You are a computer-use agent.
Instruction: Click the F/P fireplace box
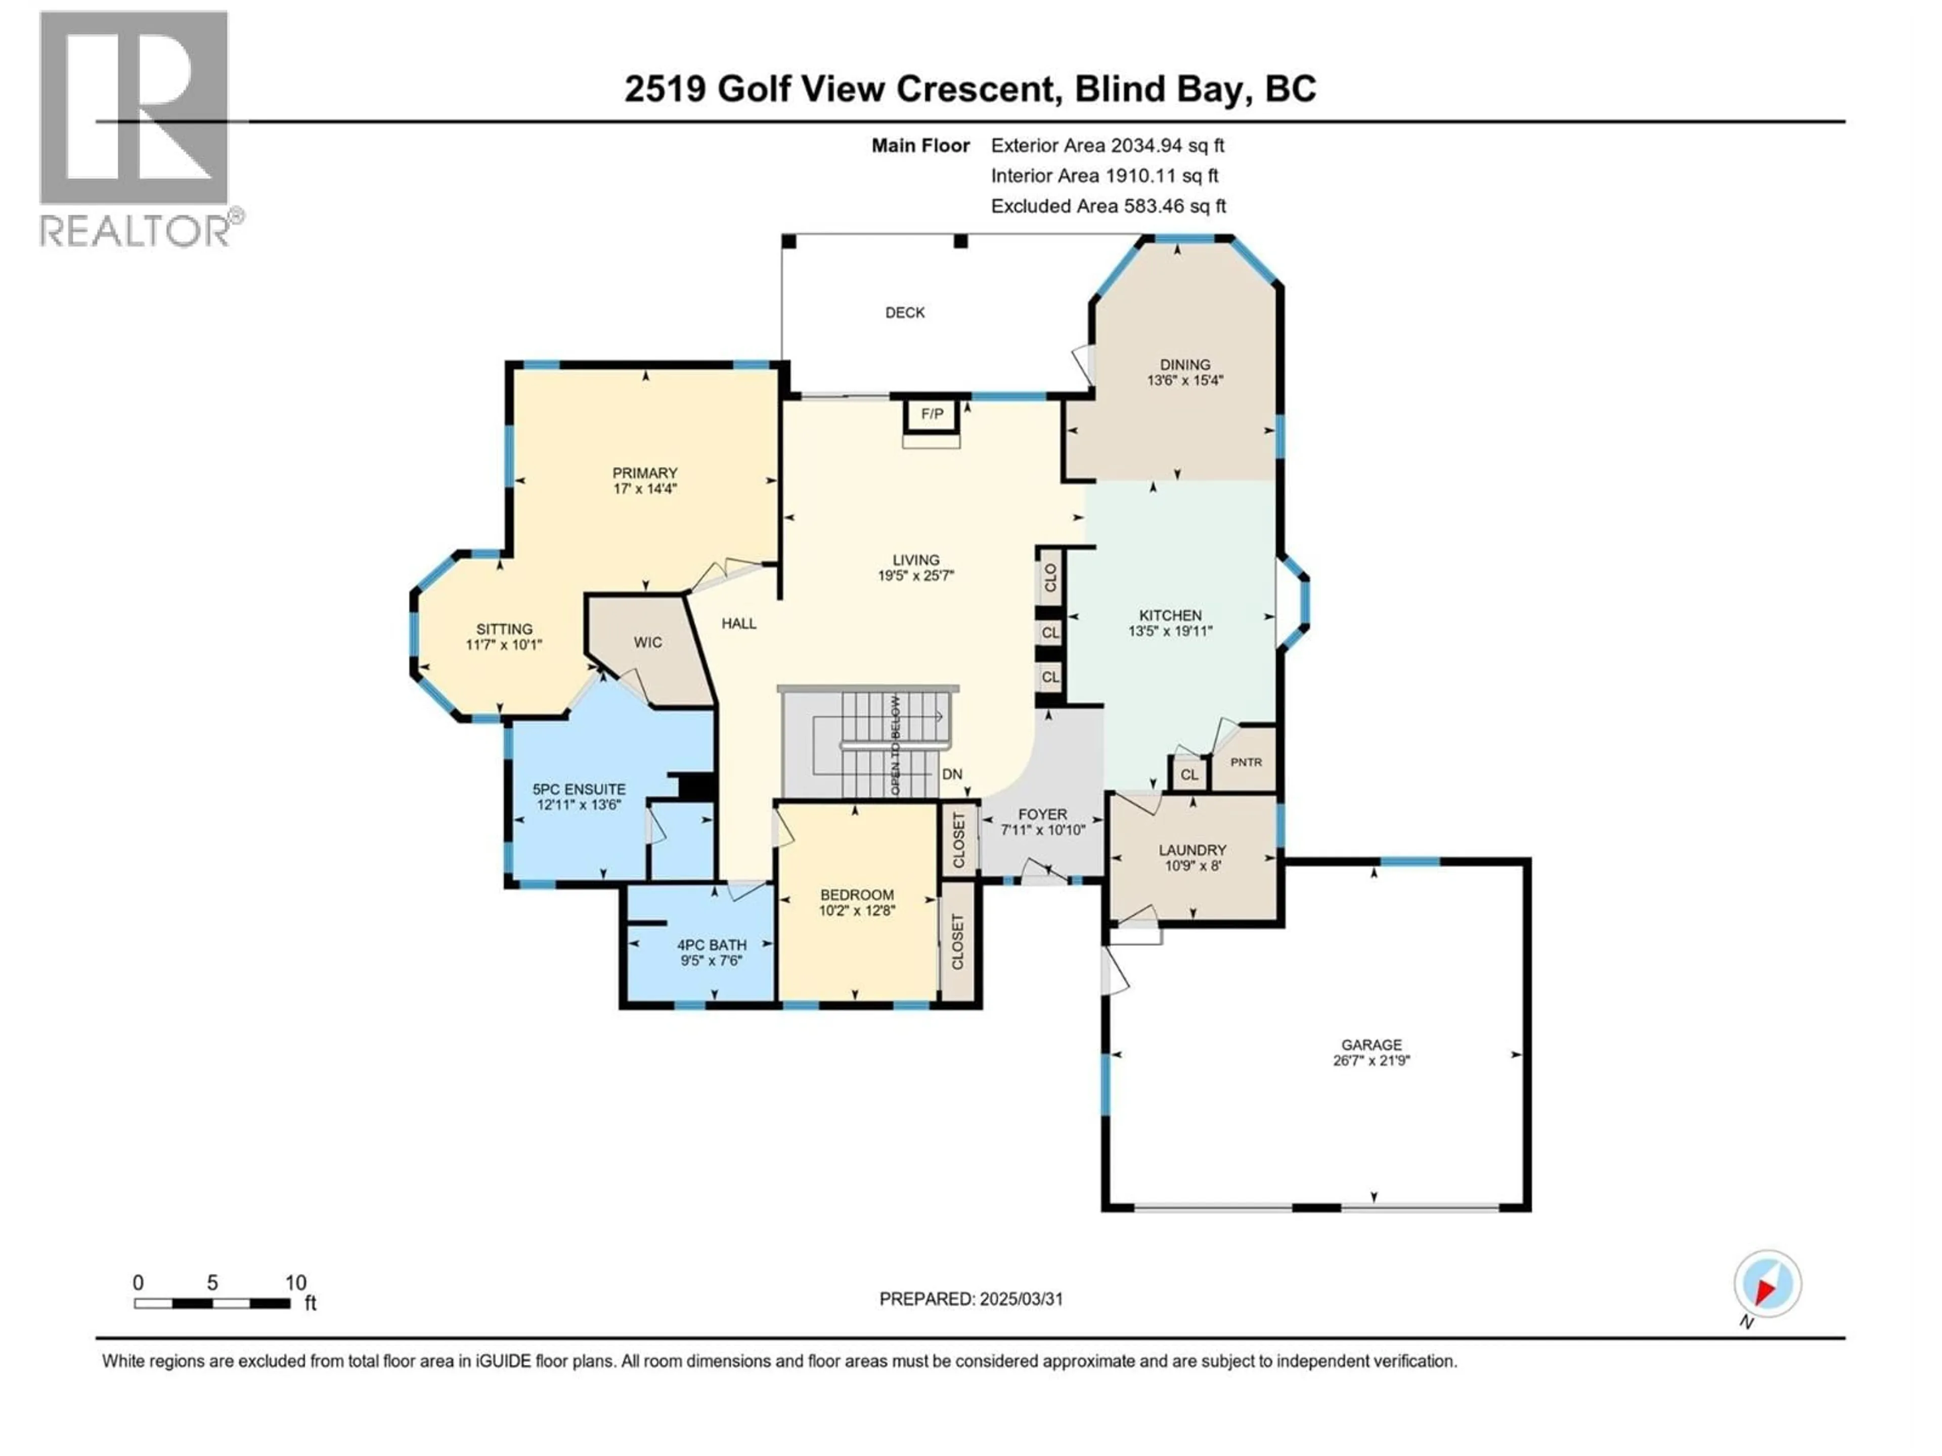tap(932, 414)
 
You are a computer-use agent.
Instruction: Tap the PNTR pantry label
tap(1246, 762)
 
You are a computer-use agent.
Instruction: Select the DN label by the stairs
tap(952, 774)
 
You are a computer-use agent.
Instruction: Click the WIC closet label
tap(648, 643)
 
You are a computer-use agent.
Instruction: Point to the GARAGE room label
tap(1372, 1044)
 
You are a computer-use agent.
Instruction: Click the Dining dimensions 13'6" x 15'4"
tap(1184, 380)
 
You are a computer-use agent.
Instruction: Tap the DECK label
tap(904, 312)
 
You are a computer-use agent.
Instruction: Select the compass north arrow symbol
tap(1767, 1285)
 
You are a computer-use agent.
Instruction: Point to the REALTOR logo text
tap(136, 232)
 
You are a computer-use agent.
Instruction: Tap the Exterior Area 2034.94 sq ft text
tap(1107, 146)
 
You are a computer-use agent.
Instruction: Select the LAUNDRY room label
tap(1192, 849)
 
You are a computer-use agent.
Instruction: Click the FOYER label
tap(1042, 814)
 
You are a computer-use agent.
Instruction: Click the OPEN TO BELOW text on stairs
tap(896, 746)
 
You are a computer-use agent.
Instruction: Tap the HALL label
tap(738, 623)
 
